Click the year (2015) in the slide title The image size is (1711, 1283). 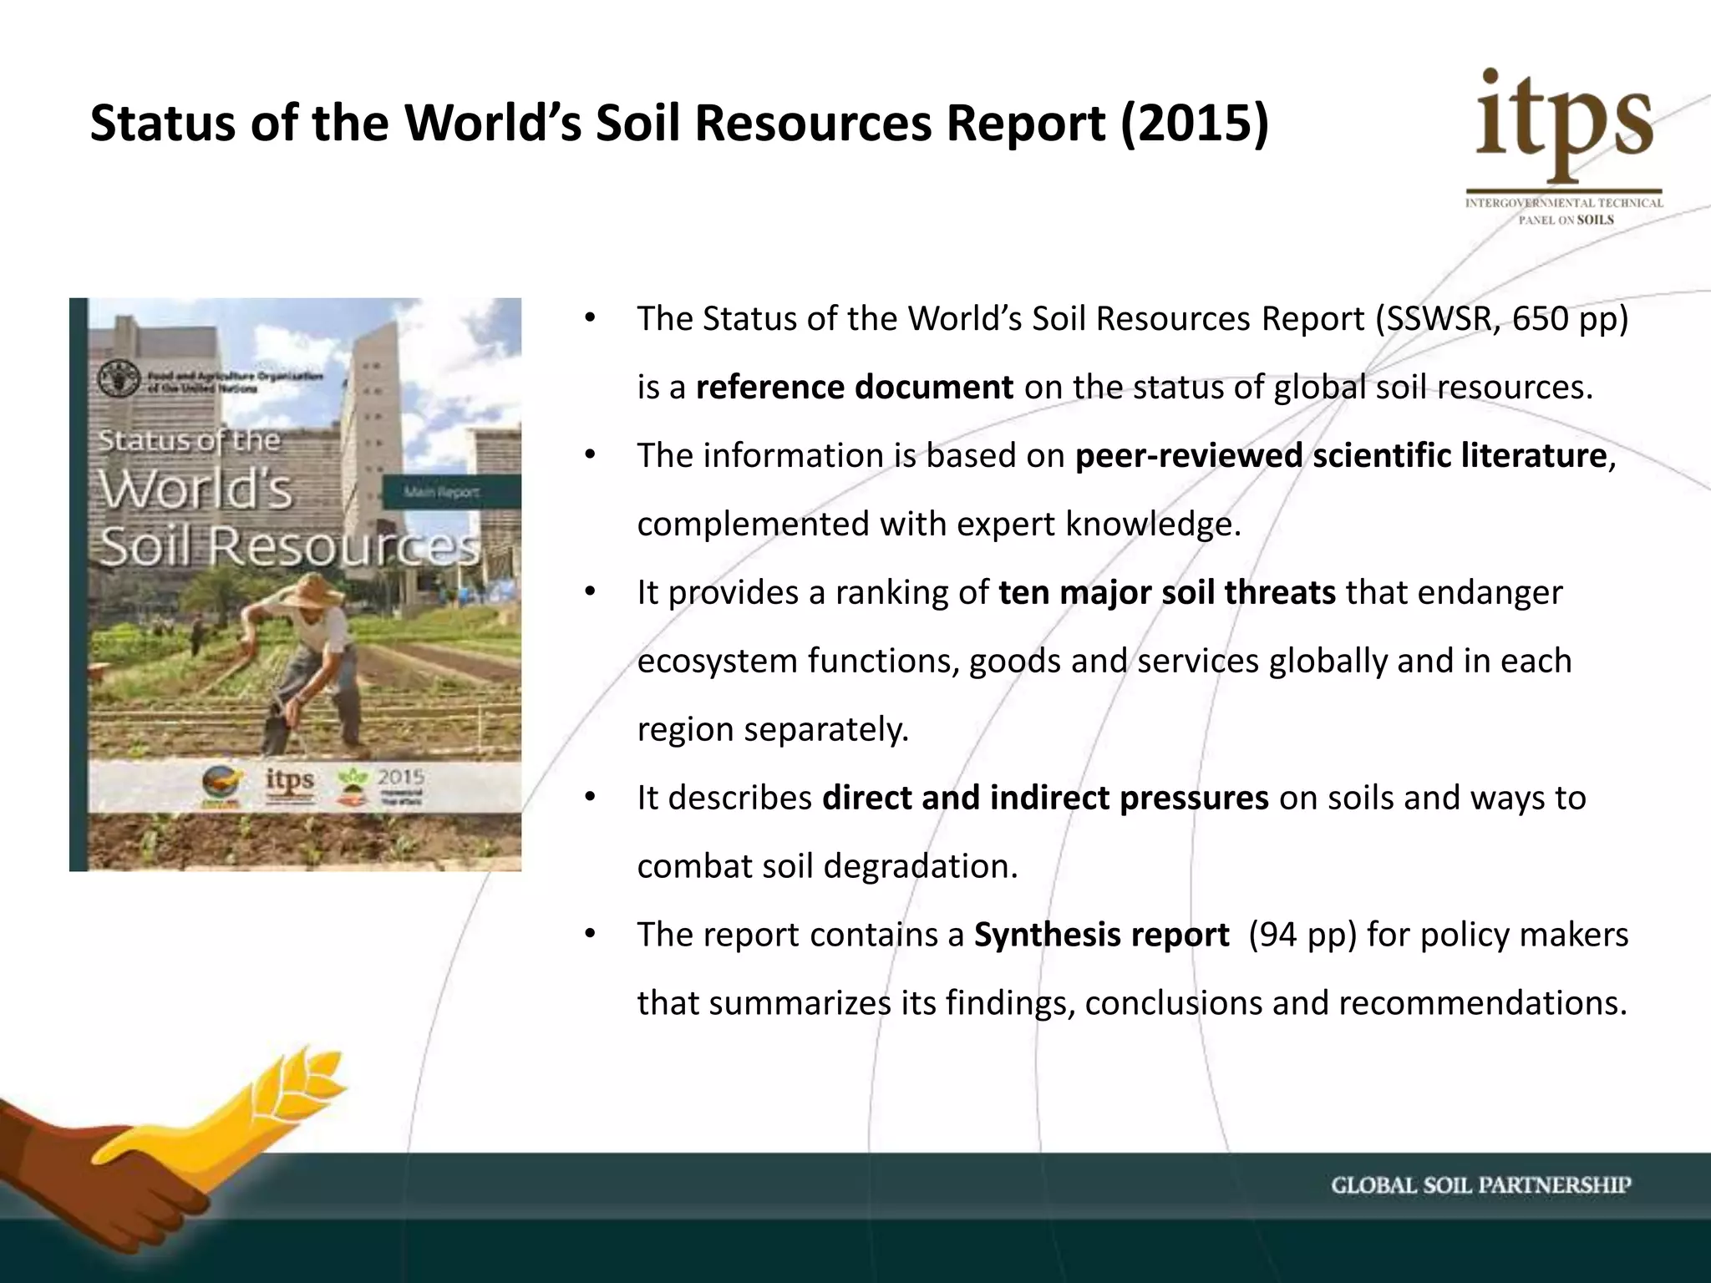coord(1194,124)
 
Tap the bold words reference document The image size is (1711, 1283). coord(855,388)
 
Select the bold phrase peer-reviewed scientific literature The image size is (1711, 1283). coord(1341,456)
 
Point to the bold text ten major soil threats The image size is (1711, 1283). coord(1167,593)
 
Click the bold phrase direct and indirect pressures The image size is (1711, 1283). coord(1045,799)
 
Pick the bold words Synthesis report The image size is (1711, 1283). coord(1101,935)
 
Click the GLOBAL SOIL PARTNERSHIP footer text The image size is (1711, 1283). coord(1480,1185)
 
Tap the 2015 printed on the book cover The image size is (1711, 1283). coord(401,777)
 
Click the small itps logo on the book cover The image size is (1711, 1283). coord(290,781)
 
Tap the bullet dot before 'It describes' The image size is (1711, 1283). coord(589,797)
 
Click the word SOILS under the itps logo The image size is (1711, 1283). coord(1595,220)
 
